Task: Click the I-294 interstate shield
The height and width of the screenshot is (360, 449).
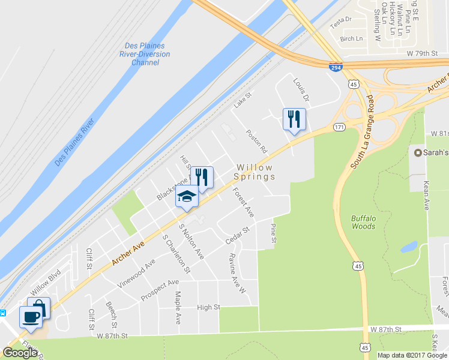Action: pyautogui.click(x=336, y=68)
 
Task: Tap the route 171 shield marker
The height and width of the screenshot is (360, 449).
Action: pyautogui.click(x=340, y=127)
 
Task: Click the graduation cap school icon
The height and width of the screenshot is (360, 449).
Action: pyautogui.click(x=187, y=196)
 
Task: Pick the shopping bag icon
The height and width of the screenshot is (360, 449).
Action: pyautogui.click(x=39, y=308)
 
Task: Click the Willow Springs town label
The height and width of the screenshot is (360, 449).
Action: pyautogui.click(x=255, y=172)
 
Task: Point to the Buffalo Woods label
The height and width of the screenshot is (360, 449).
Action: pyautogui.click(x=364, y=222)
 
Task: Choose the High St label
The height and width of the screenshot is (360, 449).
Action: pyautogui.click(x=209, y=307)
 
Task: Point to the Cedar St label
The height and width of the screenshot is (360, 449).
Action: pyautogui.click(x=237, y=235)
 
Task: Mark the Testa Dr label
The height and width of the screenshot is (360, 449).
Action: pyautogui.click(x=340, y=20)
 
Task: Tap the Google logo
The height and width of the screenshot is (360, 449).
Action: pyautogui.click(x=20, y=353)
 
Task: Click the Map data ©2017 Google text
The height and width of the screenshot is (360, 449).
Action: pyautogui.click(x=411, y=355)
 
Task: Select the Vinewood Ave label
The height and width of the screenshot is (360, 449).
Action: pyautogui.click(x=137, y=273)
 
